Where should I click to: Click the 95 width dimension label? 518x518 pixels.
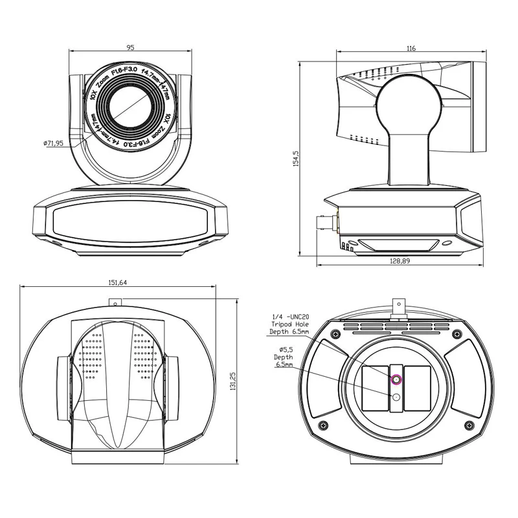(130, 47)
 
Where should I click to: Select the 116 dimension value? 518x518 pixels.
(412, 49)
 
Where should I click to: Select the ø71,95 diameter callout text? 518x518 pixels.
(58, 143)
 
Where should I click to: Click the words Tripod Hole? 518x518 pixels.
(289, 324)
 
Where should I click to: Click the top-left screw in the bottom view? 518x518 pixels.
(334, 333)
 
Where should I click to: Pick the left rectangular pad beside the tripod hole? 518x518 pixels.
(374, 388)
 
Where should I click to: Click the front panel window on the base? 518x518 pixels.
(129, 221)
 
